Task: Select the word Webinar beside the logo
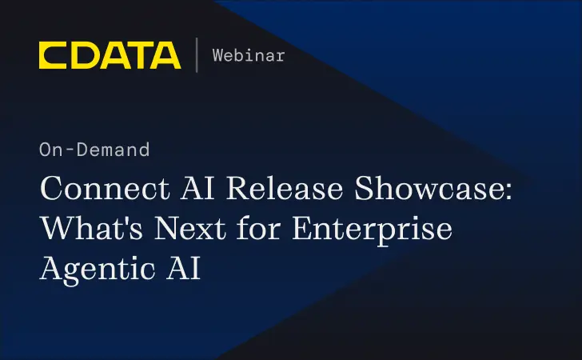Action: pyautogui.click(x=249, y=55)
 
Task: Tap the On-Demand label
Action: pyautogui.click(x=94, y=150)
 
